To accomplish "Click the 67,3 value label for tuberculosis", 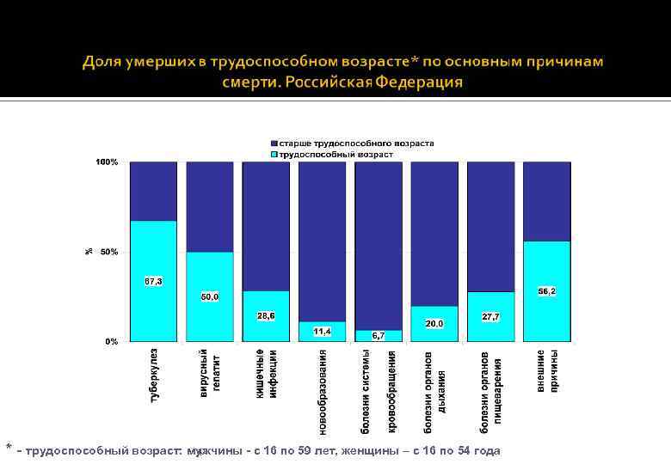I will pyautogui.click(x=153, y=281).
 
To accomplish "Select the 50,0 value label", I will pyautogui.click(x=210, y=296).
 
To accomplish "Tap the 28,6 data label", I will pyautogui.click(x=266, y=315).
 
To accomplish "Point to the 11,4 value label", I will pyautogui.click(x=322, y=331).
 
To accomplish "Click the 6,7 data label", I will pyautogui.click(x=379, y=335).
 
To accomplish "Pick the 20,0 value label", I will pyautogui.click(x=434, y=323).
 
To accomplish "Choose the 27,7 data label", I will pyautogui.click(x=490, y=316).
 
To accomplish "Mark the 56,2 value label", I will pyautogui.click(x=546, y=291).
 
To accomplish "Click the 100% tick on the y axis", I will pyautogui.click(x=107, y=162).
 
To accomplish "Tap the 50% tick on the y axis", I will pyautogui.click(x=109, y=252).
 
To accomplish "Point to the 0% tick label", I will pyautogui.click(x=112, y=341).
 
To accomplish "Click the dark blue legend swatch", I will pyautogui.click(x=274, y=143).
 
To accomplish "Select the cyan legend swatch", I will pyautogui.click(x=274, y=154).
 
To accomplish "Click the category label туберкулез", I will pyautogui.click(x=154, y=375).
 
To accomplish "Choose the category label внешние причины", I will pyautogui.click(x=547, y=371).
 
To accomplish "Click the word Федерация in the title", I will pyautogui.click(x=418, y=82).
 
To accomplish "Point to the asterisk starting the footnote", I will pyautogui.click(x=9, y=448).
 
